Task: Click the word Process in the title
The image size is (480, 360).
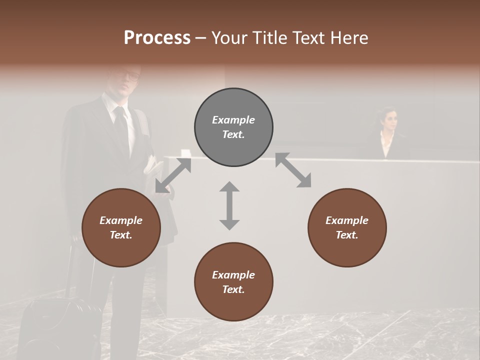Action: point(157,38)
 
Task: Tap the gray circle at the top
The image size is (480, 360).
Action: point(233,127)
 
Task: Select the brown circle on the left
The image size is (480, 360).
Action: point(121,227)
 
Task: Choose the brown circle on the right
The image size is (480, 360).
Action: point(347,227)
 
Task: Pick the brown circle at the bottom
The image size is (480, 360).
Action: point(233,282)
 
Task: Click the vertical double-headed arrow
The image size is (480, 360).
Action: point(229,205)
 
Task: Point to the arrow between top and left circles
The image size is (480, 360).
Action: point(173,175)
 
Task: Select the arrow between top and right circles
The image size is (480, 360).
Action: point(293,170)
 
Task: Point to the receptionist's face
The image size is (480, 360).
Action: point(390,120)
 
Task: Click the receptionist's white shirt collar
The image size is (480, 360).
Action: point(386,143)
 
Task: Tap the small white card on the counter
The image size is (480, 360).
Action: point(185,153)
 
